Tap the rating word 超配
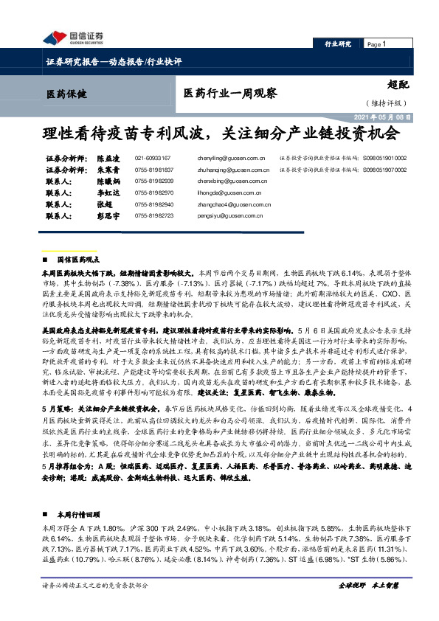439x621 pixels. [398, 85]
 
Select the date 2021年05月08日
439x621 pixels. [384, 117]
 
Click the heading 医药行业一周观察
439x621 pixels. [220, 94]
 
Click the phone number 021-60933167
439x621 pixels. [153, 159]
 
